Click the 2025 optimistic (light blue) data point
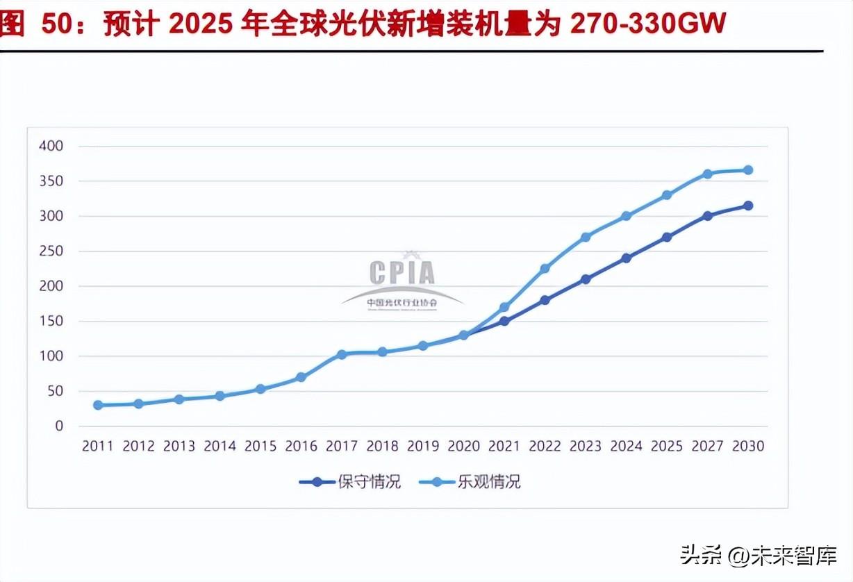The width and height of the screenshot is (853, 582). [667, 195]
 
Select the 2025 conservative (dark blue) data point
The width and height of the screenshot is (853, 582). [667, 237]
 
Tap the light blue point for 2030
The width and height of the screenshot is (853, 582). [748, 170]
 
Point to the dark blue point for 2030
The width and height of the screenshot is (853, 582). [748, 206]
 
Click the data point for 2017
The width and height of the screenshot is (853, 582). [341, 354]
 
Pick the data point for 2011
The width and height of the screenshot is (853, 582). [98, 405]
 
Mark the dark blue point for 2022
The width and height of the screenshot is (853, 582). [545, 300]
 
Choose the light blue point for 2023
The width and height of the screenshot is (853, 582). [586, 237]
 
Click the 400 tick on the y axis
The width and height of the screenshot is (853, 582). [51, 146]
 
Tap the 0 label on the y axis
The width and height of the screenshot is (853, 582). [59, 426]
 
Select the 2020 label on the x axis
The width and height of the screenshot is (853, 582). [463, 447]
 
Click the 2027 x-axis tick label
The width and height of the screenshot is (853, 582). [707, 447]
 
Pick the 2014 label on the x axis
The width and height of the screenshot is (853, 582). [220, 447]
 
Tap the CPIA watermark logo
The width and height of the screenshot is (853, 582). [402, 281]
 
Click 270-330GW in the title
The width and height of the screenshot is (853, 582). [647, 25]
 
